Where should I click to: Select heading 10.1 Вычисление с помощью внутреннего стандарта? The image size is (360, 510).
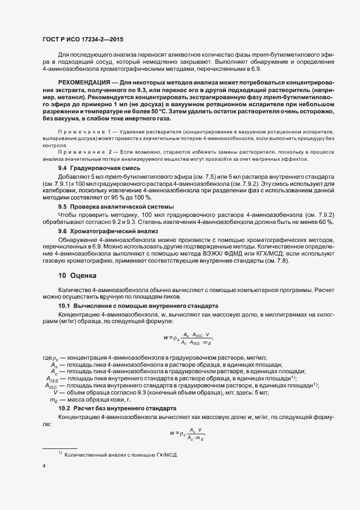[138, 306]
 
